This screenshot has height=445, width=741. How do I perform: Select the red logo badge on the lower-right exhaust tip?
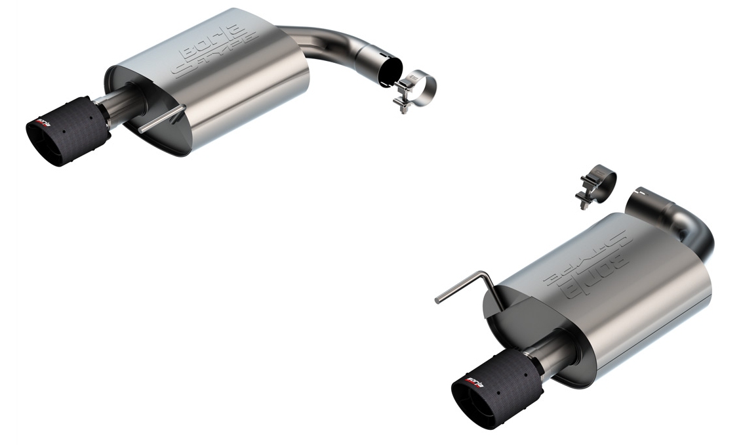(x=473, y=379)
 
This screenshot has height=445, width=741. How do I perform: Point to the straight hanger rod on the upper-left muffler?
(x=162, y=118)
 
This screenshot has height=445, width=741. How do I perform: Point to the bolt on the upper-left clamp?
(x=401, y=104)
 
